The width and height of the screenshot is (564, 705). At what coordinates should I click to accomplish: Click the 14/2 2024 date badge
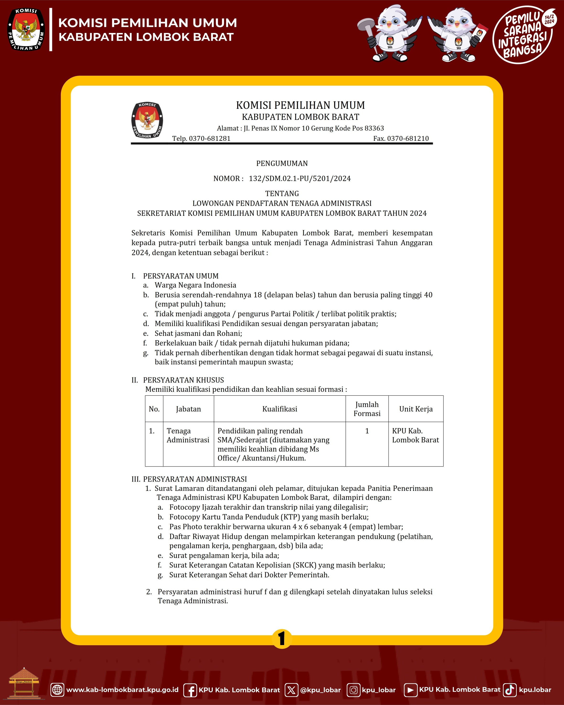point(549,19)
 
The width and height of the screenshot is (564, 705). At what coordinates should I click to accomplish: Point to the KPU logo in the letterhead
point(147,120)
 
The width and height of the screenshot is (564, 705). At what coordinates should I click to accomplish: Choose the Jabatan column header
point(188,409)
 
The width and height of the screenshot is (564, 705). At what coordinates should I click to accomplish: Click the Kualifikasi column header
point(280,409)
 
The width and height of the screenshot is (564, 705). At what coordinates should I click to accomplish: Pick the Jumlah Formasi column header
point(367,409)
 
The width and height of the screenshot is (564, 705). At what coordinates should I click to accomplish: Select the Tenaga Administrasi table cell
point(188,435)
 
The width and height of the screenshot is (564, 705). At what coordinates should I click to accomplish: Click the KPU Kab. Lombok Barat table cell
point(415,435)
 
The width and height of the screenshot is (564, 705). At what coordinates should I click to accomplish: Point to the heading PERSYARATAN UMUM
point(181,276)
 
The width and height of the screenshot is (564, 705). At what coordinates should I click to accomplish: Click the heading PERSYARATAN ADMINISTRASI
point(195,479)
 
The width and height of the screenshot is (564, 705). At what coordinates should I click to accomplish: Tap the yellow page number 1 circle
point(282,639)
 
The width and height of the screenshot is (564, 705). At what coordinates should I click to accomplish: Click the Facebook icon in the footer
point(190,690)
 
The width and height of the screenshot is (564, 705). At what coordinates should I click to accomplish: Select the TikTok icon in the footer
point(509,690)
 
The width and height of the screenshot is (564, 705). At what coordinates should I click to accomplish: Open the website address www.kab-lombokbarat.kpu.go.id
point(122,690)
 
